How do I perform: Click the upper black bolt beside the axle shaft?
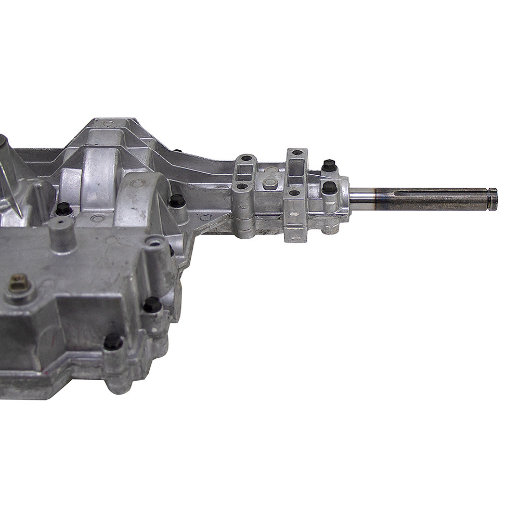tap(329, 165)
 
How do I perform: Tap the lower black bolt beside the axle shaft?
tap(329, 188)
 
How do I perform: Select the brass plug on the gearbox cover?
tap(19, 283)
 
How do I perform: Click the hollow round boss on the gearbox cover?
tap(154, 242)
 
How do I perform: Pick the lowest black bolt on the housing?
tap(113, 342)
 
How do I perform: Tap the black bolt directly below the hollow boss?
tap(152, 305)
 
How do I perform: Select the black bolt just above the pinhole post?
tap(63, 209)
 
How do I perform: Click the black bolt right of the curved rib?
tap(177, 200)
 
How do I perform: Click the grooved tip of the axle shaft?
tap(492, 199)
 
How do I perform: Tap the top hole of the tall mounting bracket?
tap(296, 153)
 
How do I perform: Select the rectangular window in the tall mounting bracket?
tap(295, 168)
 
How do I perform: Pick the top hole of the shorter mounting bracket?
tap(246, 158)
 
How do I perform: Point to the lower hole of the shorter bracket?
tap(242, 186)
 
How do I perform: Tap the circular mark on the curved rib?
tap(138, 183)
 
